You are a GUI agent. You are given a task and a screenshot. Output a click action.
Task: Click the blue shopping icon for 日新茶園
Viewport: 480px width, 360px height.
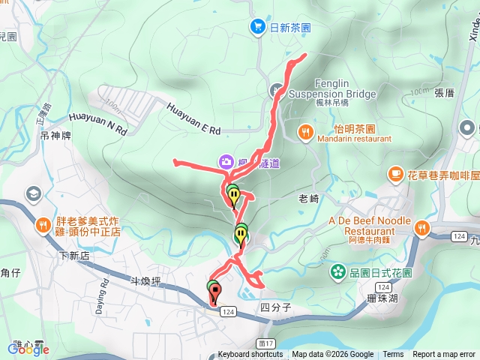[x=258, y=27]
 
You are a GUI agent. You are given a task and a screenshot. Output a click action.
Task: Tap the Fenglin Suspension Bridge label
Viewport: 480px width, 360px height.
[x=331, y=89]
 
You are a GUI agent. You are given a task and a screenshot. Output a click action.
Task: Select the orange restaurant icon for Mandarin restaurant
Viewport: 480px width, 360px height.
[x=305, y=133]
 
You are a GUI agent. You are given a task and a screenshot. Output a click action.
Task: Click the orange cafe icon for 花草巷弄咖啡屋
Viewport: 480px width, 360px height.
[x=395, y=174]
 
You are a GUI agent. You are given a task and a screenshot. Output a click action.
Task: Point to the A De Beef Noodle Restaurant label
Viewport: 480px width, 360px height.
[x=370, y=226]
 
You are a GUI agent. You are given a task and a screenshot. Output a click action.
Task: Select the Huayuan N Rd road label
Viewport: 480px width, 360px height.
[x=98, y=123]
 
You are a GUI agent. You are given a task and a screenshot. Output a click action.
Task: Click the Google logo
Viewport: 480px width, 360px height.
[x=28, y=348]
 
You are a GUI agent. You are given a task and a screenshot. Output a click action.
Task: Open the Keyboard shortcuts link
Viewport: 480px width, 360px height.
[x=250, y=355]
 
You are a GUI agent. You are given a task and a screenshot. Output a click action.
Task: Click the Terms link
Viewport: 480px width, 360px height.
[x=393, y=355]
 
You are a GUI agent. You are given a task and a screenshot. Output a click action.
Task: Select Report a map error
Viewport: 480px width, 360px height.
[x=444, y=355]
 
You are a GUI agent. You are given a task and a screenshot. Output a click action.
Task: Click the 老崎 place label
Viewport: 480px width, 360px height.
[x=309, y=199]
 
